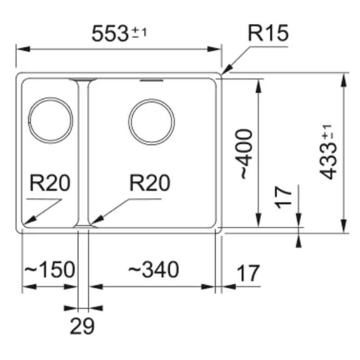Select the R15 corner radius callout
pyautogui.click(x=268, y=33)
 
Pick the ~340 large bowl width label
pyautogui.click(x=153, y=270)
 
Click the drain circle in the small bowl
pyautogui.click(x=50, y=118)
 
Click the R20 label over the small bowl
pyautogui.click(x=49, y=184)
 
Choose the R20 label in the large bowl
pyautogui.click(x=149, y=184)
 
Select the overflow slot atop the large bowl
pyautogui.click(x=151, y=81)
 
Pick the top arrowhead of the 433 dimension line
pyautogui.click(x=344, y=75)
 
